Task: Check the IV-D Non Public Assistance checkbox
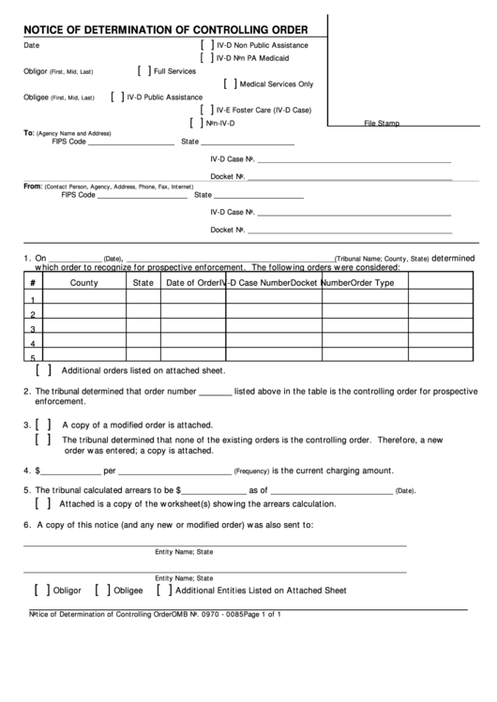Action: [x=205, y=45]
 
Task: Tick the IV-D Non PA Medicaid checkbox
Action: [x=205, y=57]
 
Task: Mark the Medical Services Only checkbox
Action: [x=231, y=83]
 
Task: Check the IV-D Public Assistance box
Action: [x=116, y=96]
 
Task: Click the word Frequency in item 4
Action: [x=251, y=471]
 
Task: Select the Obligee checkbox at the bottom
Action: [x=102, y=590]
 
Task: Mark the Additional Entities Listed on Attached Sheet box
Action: [x=164, y=590]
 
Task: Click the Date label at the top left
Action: [x=31, y=45]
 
